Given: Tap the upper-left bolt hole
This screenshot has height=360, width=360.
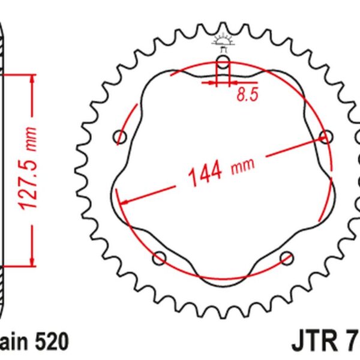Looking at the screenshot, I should pos(121,137).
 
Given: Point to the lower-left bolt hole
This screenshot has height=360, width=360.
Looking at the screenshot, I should pos(160,258).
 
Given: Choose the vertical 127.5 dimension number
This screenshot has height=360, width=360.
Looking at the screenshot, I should pos(28,181).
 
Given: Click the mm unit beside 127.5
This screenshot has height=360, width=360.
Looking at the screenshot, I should pos(31,139).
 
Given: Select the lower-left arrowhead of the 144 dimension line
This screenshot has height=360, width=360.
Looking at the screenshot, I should pos(123,200).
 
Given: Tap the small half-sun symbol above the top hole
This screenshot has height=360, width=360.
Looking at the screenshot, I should pos(223,41).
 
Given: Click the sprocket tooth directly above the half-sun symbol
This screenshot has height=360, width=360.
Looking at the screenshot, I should pos(223,29).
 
